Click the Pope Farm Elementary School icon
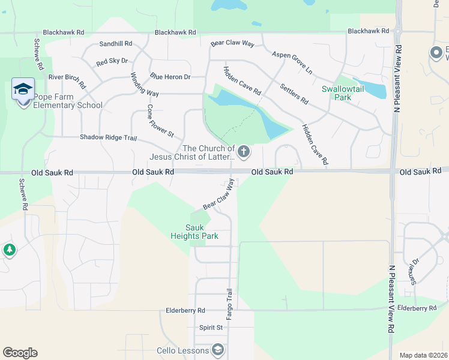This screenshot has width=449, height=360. click(x=23, y=90)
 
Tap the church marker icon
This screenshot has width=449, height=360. click(x=244, y=151)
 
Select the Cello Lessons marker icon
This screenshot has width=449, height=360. click(x=218, y=350)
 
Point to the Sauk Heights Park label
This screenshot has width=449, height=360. click(x=202, y=232)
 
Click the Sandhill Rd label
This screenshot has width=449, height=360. click(x=116, y=44)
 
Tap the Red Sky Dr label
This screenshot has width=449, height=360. click(x=112, y=61)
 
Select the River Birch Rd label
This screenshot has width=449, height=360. click(x=67, y=77)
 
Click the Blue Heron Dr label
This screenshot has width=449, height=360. click(x=170, y=77)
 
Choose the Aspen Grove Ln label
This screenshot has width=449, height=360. click(x=292, y=62)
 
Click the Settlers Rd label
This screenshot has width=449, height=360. click(x=294, y=92)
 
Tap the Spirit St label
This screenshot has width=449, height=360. click(x=211, y=328)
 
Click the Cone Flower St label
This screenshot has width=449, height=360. click(x=160, y=121)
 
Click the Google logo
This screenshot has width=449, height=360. click(x=20, y=353)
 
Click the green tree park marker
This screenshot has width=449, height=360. click(x=8, y=250)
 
